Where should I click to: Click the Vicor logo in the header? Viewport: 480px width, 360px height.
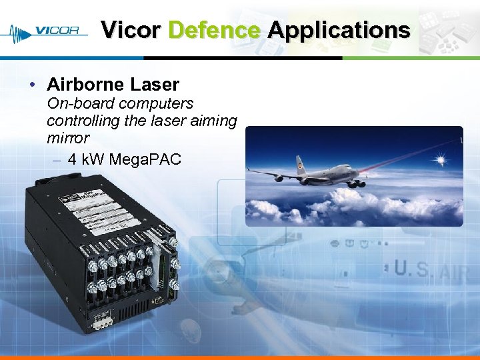(x=47, y=31)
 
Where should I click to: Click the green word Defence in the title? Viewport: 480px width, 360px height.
(x=213, y=30)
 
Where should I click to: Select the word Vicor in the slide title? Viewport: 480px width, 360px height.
(x=131, y=30)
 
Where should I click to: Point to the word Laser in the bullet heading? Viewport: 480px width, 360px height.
(x=155, y=85)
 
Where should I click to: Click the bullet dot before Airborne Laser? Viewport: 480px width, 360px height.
(x=32, y=85)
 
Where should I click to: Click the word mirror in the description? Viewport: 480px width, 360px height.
(x=67, y=138)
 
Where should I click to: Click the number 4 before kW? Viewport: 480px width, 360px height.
(x=72, y=160)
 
